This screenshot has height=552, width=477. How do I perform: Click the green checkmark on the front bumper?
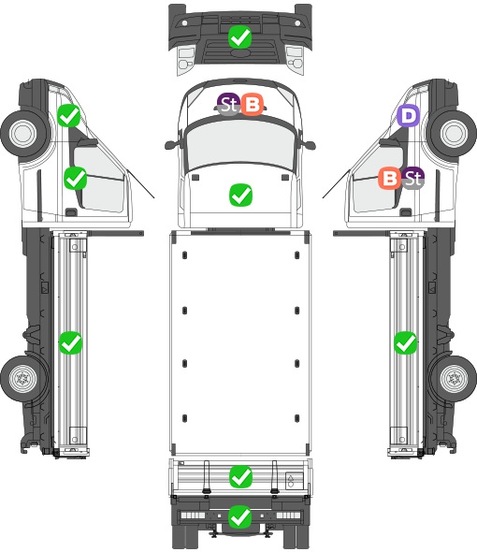(x=239, y=37)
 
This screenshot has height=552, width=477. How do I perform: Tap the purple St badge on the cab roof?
(x=228, y=104)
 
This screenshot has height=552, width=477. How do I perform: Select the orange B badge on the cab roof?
(x=252, y=104)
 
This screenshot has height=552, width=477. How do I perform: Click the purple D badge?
(x=409, y=115)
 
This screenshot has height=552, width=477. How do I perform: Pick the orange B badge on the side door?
(x=390, y=178)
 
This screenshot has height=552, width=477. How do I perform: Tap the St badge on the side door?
(x=412, y=178)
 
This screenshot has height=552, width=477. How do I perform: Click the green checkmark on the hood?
(x=240, y=195)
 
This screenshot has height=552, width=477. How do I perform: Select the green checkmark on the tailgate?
(x=240, y=477)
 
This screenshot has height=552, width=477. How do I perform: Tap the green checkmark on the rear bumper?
(x=240, y=516)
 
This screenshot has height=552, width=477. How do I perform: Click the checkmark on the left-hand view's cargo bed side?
(x=70, y=342)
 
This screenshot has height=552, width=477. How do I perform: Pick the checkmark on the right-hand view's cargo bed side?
(x=406, y=342)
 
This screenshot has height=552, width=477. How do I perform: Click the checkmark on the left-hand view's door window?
(x=76, y=178)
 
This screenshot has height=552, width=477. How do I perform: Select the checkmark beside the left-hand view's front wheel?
(x=69, y=115)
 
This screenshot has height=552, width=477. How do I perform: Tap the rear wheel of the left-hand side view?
(x=23, y=379)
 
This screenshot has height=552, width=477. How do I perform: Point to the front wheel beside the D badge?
(x=454, y=133)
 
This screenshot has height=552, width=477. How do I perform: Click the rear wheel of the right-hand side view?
(x=455, y=379)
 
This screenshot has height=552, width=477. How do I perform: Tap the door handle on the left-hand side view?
(x=71, y=212)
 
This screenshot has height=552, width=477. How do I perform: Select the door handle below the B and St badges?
(x=406, y=212)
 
